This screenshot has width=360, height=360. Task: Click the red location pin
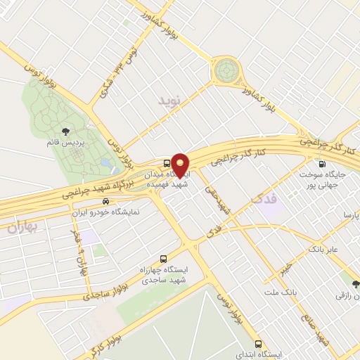click(180, 165)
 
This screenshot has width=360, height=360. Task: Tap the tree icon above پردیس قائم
click(66, 131)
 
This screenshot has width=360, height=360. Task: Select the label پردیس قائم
click(66, 143)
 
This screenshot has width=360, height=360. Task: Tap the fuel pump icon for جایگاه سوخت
click(322, 164)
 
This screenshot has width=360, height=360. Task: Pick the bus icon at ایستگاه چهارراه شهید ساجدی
click(164, 258)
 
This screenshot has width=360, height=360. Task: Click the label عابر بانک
click(324, 249)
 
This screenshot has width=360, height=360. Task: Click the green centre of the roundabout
click(228, 70)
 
